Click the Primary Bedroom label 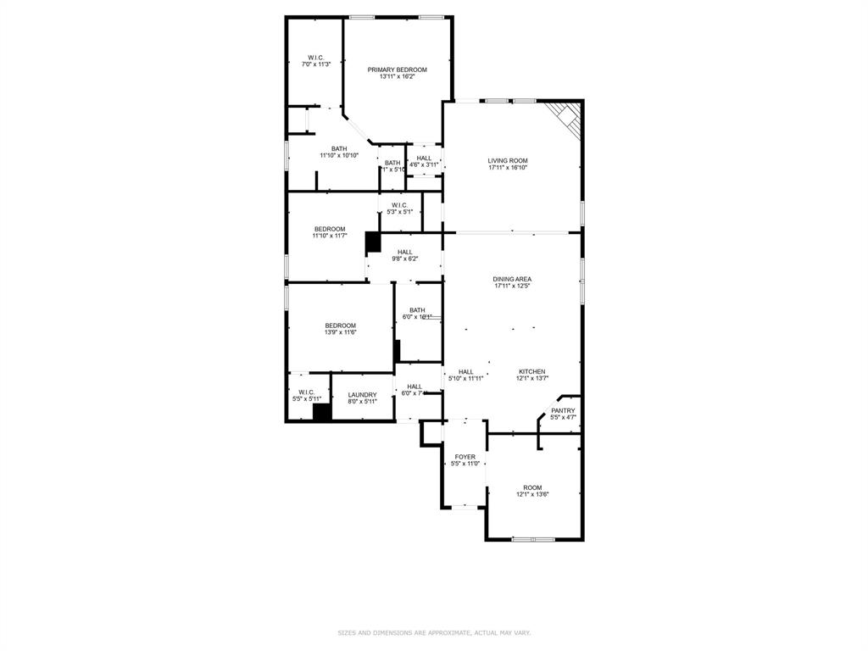[397, 70]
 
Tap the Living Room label [508, 160]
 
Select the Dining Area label [512, 279]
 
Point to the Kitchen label [532, 371]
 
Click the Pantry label [563, 410]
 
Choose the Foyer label [465, 457]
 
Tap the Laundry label [362, 394]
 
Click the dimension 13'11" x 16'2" [397, 77]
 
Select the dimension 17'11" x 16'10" [508, 168]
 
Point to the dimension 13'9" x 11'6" [340, 332]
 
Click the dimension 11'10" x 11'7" [330, 236]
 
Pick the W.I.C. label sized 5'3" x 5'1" [399, 204]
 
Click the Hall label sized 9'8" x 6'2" [405, 252]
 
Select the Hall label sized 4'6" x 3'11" [424, 158]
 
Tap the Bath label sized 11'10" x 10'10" [339, 148]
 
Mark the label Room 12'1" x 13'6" [532, 487]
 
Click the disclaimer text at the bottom [434, 632]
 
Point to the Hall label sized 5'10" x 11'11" [465, 371]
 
